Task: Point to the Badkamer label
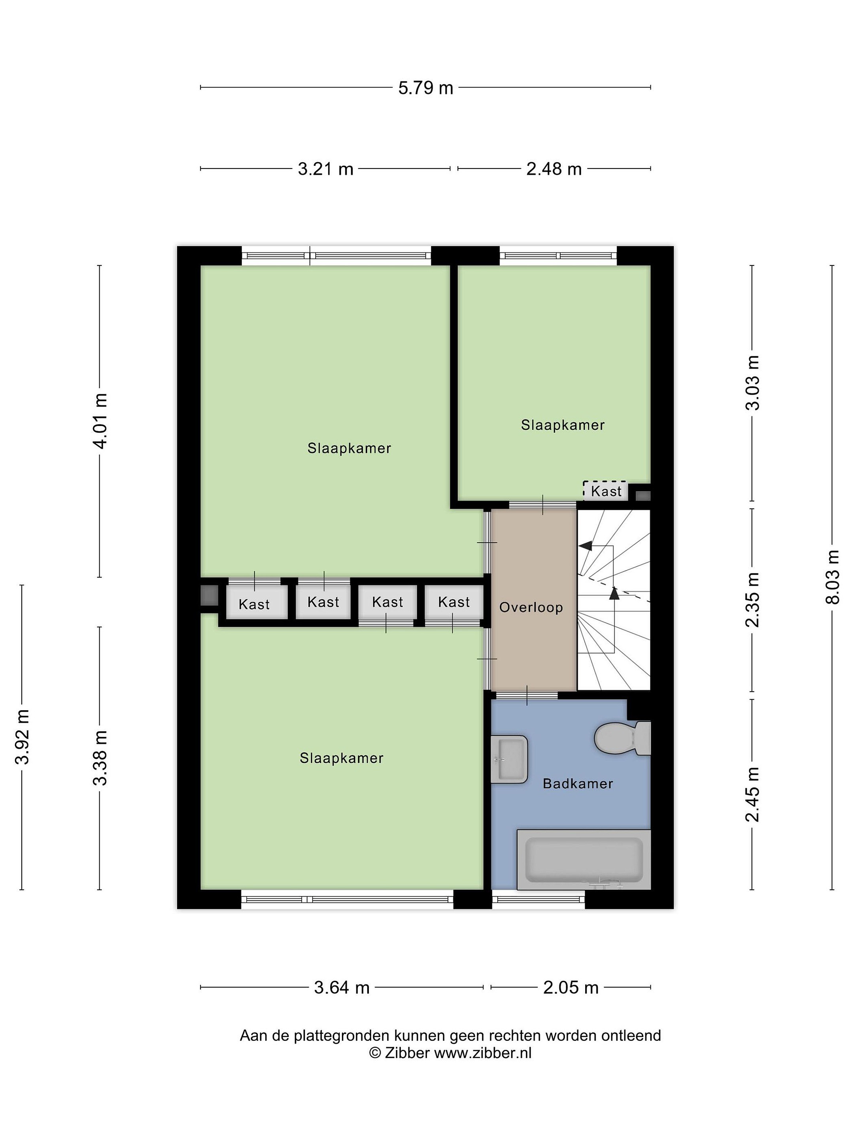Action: (x=578, y=784)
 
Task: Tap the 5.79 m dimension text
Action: (x=426, y=88)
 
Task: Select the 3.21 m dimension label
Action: (x=326, y=169)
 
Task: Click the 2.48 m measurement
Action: (x=554, y=169)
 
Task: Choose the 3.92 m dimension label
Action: (x=23, y=737)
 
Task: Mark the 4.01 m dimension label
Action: (x=100, y=421)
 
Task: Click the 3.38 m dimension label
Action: (x=100, y=758)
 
